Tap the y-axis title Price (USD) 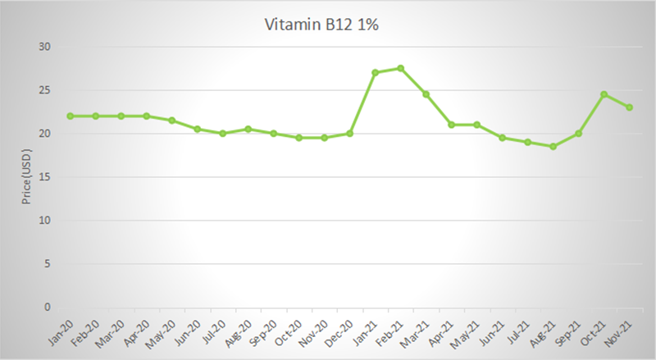26,176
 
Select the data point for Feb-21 400,68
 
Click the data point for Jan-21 375,72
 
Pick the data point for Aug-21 553,146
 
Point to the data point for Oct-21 604,94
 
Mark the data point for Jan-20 71,116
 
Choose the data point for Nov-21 629,107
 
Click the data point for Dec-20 349,133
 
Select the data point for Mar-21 426,94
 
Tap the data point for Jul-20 222,133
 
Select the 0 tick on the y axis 48,308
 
